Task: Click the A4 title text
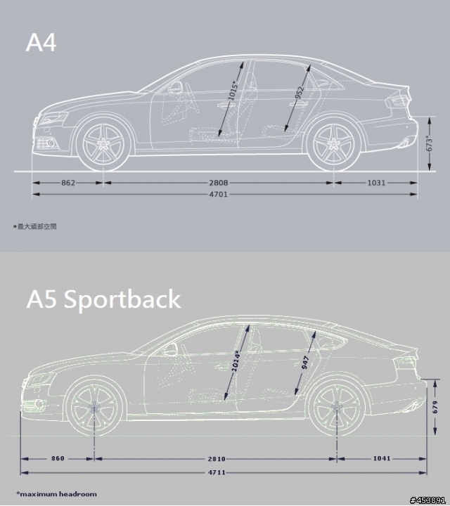click(x=41, y=42)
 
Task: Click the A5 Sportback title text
click(x=103, y=299)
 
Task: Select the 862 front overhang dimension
click(x=68, y=183)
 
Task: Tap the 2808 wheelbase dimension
click(x=218, y=183)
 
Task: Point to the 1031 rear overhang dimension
click(x=376, y=183)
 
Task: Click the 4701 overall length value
click(x=218, y=194)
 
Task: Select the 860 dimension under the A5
click(x=58, y=458)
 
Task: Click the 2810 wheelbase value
click(x=217, y=458)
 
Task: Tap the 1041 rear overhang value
click(x=382, y=458)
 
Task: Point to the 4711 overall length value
click(x=217, y=472)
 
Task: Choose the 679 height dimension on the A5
click(x=435, y=407)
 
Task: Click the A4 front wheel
click(x=103, y=144)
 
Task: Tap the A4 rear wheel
click(x=333, y=144)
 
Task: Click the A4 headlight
click(x=53, y=118)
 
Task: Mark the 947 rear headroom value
click(x=304, y=363)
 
